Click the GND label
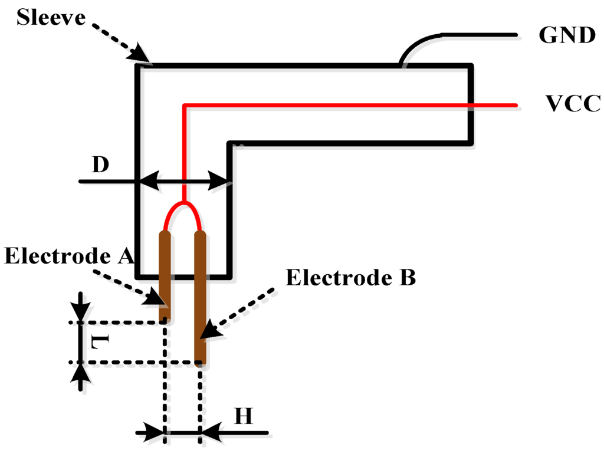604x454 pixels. pyautogui.click(x=567, y=35)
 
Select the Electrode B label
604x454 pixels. pyautogui.click(x=351, y=278)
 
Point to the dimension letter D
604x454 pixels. pyautogui.click(x=101, y=165)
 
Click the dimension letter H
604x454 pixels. pyautogui.click(x=244, y=416)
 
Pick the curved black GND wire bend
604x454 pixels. pyautogui.click(x=416, y=44)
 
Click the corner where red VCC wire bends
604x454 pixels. pyautogui.click(x=185, y=106)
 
